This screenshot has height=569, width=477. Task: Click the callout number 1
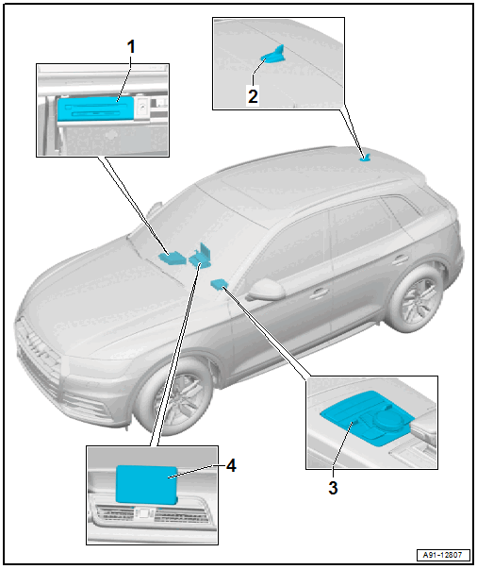pos(131,47)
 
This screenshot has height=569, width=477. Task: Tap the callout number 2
pos(253,96)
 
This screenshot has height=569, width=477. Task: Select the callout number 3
pos(333,487)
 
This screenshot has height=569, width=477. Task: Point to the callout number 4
pos(231,465)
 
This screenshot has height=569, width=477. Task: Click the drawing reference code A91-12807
pos(442,555)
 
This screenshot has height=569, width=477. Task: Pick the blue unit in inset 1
pos(95,109)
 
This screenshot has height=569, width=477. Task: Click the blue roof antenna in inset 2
pos(273,55)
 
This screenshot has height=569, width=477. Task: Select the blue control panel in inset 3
pos(366,417)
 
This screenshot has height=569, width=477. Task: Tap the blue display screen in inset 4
pos(146,485)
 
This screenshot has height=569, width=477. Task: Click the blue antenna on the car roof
pos(366,158)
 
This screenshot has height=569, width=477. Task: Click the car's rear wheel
pos(416,299)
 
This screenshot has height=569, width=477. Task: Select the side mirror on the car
pos(265,291)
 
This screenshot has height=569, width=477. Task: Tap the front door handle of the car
pos(318,293)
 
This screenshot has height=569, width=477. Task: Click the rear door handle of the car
pos(400,259)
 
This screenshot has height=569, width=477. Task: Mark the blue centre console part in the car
pos(219,284)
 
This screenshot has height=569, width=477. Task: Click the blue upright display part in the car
pos(201,255)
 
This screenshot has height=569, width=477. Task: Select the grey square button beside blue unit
pos(141,107)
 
